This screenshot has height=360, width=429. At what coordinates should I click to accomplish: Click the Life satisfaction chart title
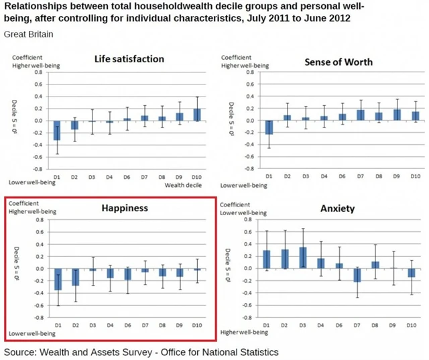click(x=129, y=59)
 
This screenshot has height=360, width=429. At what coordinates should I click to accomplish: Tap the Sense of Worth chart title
click(x=339, y=62)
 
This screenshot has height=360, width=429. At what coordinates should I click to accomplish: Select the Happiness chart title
click(x=124, y=208)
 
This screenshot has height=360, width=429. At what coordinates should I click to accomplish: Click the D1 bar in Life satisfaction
click(x=58, y=131)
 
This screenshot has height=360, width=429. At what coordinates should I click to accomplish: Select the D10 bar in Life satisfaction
click(x=196, y=115)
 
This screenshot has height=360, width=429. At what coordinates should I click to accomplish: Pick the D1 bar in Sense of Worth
click(x=269, y=127)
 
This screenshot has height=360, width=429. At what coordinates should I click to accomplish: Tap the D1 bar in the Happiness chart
click(x=58, y=280)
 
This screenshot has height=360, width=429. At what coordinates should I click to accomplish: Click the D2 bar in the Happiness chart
click(x=75, y=277)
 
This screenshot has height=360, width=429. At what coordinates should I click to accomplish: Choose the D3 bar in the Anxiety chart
click(x=303, y=257)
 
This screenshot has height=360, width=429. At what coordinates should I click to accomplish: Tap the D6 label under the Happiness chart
click(x=127, y=325)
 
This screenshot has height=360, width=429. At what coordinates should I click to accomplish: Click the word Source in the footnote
click(x=21, y=351)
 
